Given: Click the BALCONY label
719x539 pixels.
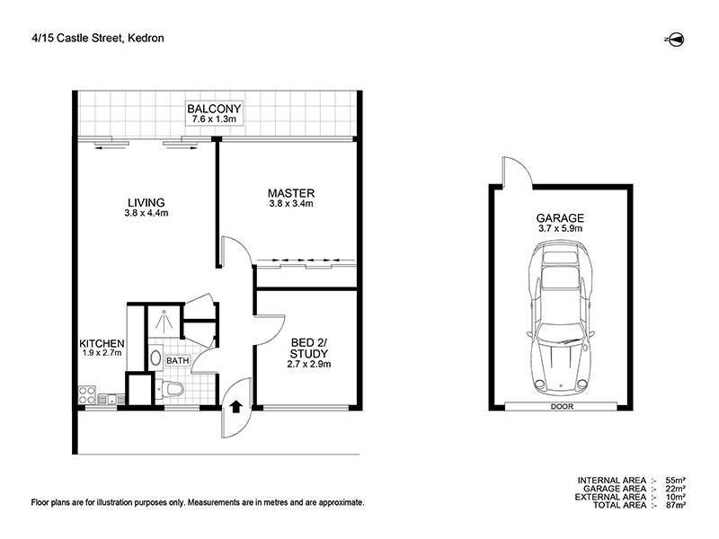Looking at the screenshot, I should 215,110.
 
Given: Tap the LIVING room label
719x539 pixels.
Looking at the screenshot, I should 145,202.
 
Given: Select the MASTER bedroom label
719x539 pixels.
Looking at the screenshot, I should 290,193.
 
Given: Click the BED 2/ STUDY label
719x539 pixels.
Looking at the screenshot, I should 309,347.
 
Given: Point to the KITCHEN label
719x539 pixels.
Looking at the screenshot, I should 102,344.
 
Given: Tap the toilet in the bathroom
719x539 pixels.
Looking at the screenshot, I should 171,389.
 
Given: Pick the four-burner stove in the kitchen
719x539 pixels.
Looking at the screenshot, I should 87,393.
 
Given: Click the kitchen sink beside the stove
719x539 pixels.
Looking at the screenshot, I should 111,397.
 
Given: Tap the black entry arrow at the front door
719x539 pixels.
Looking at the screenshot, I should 236,407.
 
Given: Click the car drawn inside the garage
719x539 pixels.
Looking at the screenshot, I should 561,325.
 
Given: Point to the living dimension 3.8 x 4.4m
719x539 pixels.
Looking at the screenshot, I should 145,214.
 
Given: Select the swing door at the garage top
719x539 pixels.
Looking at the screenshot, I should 511,172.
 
